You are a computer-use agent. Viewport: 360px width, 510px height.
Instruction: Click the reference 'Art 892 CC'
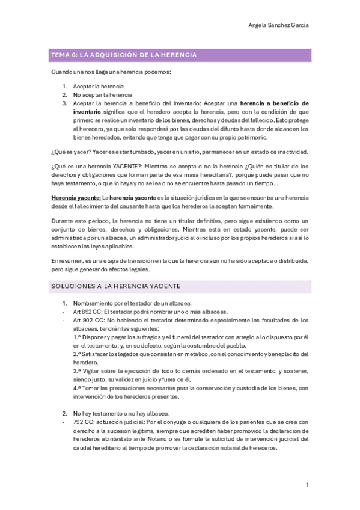87,312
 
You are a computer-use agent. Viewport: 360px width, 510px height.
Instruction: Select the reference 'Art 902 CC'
87,321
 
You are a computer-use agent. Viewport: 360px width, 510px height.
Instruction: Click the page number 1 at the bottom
307,485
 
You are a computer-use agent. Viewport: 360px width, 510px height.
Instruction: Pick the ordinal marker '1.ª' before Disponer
78,337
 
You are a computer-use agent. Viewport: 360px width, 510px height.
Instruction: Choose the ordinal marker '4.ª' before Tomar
78,388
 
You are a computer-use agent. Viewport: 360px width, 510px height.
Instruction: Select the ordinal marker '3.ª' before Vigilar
78,371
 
